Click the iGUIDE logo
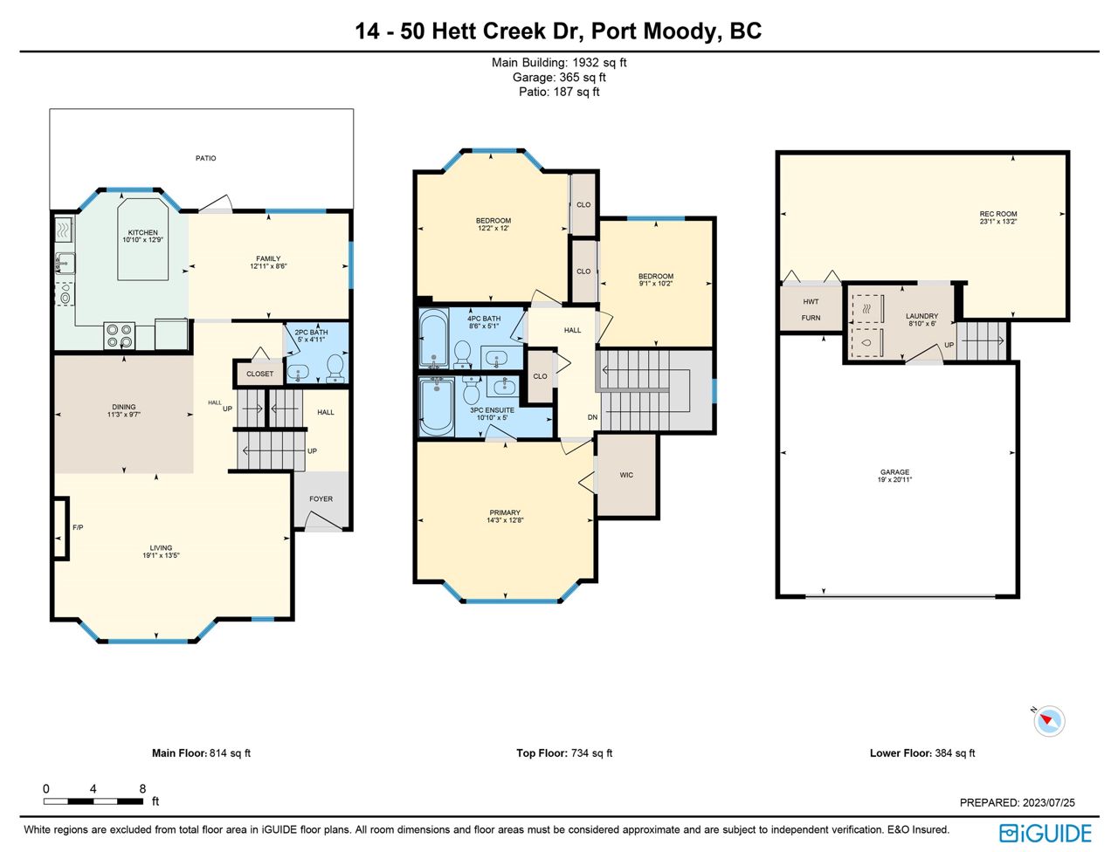[1046, 833]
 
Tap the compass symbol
[1049, 721]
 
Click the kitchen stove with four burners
[119, 336]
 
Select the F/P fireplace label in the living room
[78, 527]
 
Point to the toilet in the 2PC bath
[335, 368]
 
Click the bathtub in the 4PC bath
[434, 340]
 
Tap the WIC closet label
[626, 475]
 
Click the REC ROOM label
[997, 214]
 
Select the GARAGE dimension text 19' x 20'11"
[894, 479]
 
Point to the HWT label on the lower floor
[811, 302]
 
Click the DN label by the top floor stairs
[592, 417]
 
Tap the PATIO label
[206, 158]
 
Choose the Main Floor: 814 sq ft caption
[201, 752]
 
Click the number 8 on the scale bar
[142, 788]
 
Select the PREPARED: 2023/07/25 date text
[1018, 802]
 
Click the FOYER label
[321, 498]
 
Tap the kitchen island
[143, 239]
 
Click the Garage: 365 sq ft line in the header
[559, 78]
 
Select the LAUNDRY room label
[921, 315]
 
